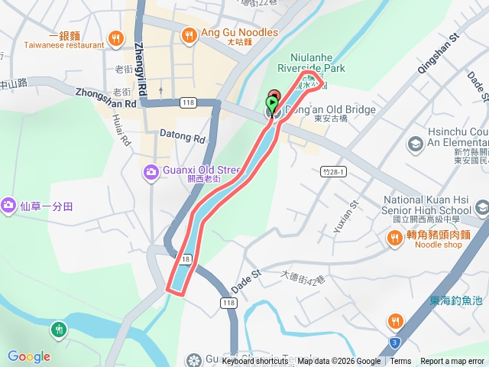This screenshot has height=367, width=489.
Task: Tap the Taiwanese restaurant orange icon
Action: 115,36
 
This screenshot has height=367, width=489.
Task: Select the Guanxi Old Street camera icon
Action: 151,172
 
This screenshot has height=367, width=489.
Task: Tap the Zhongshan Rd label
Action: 105,97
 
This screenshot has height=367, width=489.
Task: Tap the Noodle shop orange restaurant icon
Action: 395,239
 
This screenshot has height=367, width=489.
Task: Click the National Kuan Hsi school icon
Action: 481,207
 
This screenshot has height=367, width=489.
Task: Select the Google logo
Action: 29,356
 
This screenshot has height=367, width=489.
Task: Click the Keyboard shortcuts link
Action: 255,362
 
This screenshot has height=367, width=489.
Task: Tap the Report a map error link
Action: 453,362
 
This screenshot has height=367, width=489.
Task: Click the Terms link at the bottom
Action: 400,362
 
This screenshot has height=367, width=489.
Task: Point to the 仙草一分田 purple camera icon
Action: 8,206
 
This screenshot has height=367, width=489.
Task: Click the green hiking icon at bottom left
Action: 59,330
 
